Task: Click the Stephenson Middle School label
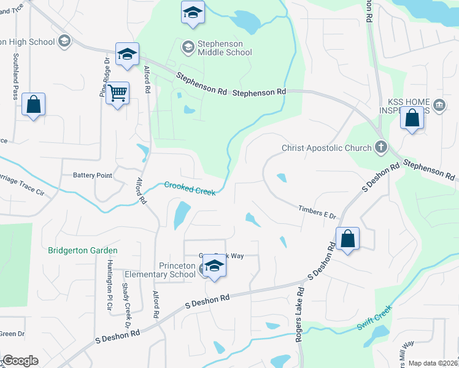225,48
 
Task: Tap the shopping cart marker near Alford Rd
117,94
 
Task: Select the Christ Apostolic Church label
326,148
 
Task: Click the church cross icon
381,147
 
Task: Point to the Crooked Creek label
190,188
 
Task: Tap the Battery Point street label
93,175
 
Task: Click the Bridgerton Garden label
83,250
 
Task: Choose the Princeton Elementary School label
160,270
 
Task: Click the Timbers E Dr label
318,212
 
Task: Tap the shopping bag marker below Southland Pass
33,105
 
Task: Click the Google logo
20,361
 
